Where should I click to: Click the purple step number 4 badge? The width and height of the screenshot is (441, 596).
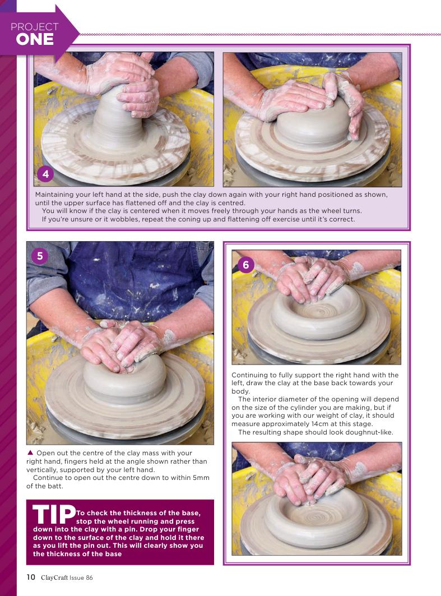tap(45, 174)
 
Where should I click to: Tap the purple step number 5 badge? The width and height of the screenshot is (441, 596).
tap(40, 256)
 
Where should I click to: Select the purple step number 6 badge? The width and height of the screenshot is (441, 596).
tap(246, 265)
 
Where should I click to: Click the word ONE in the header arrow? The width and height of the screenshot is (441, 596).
tap(35, 40)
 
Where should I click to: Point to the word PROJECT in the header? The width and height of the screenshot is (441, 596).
tap(35, 26)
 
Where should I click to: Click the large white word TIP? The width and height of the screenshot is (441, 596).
tap(54, 514)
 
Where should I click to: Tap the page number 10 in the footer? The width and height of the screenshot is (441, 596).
tap(31, 577)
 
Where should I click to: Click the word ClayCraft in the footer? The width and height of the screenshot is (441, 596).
tap(54, 577)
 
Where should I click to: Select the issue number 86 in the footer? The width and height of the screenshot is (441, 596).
tap(89, 577)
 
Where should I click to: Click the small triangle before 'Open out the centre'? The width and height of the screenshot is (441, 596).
tap(30, 452)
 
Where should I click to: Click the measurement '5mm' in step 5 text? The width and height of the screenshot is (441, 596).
tap(201, 478)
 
